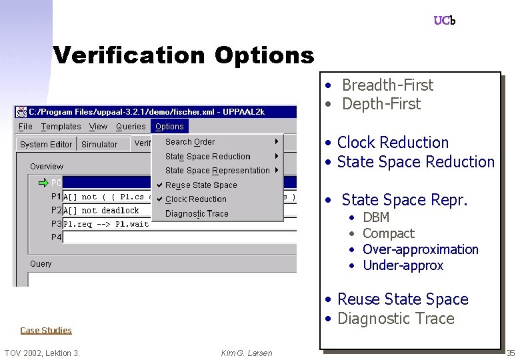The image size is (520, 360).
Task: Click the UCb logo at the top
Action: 444,21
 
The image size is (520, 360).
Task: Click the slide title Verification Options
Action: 183,55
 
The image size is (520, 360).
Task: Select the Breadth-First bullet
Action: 387,85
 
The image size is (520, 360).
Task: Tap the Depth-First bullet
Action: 381,104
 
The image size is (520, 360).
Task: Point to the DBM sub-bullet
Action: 376,217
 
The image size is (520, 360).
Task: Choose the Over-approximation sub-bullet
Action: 420,249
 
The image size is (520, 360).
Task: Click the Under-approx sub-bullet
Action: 403,265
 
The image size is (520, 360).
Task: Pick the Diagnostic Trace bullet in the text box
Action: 395,319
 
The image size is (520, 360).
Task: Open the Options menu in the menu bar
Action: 169,127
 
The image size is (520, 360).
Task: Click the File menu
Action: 25,127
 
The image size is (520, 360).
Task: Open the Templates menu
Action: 61,127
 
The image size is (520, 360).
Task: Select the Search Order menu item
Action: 190,142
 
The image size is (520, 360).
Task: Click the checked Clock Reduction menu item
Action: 195,199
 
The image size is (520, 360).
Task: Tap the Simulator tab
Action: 99,145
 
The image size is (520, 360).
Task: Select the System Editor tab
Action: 46,145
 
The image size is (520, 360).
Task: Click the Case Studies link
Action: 46,330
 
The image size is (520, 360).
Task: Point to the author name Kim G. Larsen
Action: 247,353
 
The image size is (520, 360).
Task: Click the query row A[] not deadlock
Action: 101,211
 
